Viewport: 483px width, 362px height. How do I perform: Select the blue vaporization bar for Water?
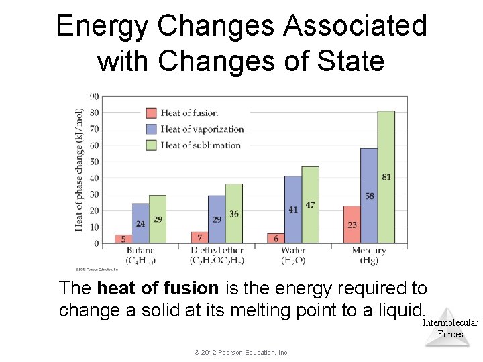[292, 209]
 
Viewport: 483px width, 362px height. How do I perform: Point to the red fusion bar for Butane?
[123, 239]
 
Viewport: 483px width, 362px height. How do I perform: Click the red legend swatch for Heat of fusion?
[152, 113]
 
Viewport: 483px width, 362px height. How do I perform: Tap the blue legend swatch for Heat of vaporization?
[152, 129]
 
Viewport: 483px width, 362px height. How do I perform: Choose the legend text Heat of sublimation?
[200, 145]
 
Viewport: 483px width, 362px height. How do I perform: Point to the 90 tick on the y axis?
[95, 97]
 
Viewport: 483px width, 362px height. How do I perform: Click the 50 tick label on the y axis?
[95, 162]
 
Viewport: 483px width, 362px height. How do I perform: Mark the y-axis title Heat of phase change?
[80, 170]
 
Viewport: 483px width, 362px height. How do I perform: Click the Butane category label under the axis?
[140, 251]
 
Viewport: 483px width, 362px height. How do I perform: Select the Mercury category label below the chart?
[368, 251]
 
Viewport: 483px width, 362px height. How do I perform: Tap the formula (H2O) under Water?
[293, 260]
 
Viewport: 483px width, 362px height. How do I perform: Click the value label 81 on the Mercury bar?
[386, 177]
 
